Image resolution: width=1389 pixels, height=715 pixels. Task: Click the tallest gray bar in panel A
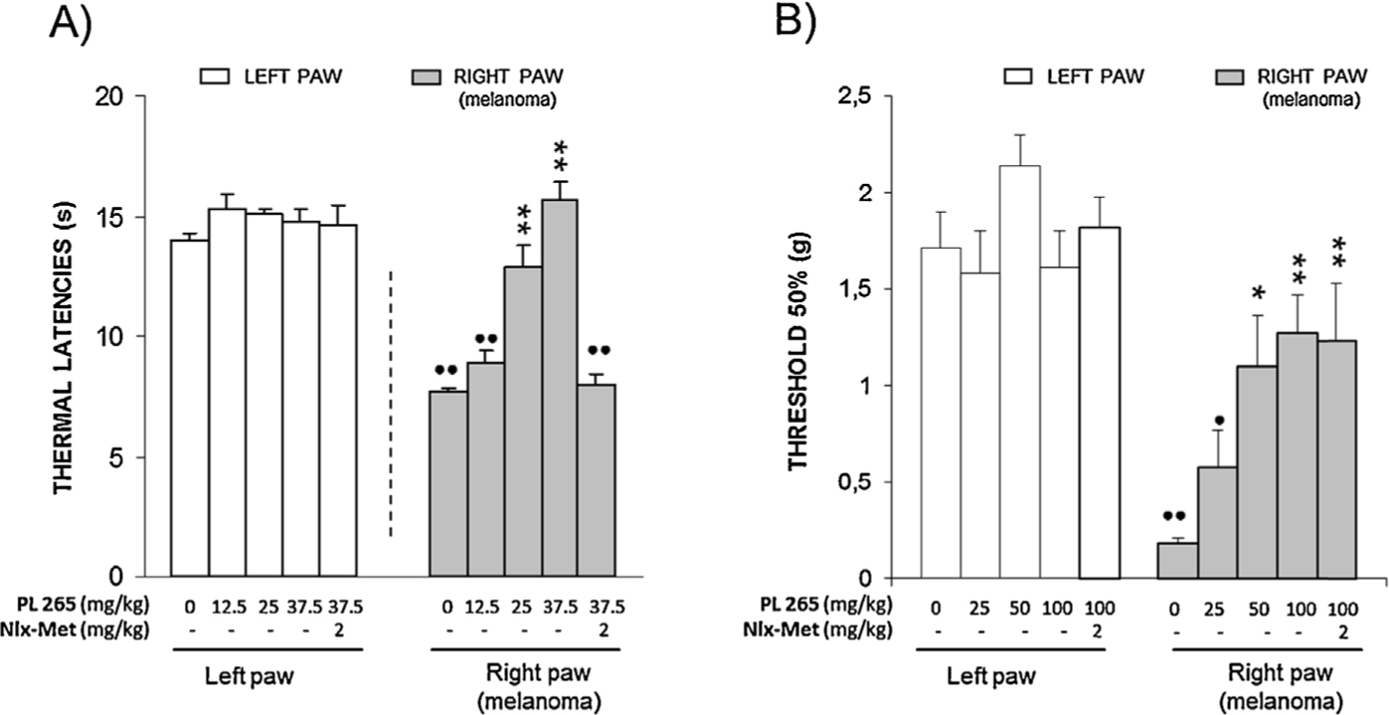[560, 388]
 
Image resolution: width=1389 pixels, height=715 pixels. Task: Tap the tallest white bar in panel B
[1019, 372]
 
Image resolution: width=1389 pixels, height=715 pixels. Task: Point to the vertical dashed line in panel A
[391, 403]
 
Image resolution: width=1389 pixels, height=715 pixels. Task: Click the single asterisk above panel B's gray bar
[1256, 294]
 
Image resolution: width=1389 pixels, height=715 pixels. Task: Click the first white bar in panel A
[189, 408]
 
